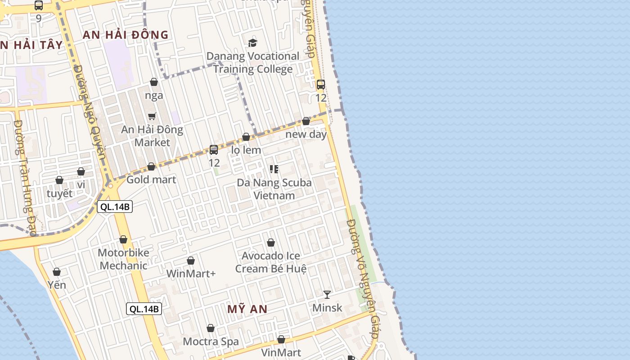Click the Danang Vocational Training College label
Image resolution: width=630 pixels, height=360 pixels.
click(x=252, y=63)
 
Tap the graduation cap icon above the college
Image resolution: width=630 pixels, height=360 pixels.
click(x=252, y=43)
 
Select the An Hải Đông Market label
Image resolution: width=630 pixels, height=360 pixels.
click(x=152, y=136)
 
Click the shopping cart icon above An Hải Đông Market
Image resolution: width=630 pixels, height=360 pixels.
click(x=152, y=116)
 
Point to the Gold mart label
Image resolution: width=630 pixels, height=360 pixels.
click(x=151, y=180)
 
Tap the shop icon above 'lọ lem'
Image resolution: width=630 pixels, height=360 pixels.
click(x=246, y=137)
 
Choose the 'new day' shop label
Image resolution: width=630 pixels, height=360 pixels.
click(x=306, y=134)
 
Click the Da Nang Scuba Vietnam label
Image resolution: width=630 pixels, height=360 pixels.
click(x=274, y=189)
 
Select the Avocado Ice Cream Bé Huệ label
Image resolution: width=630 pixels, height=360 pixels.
click(x=271, y=262)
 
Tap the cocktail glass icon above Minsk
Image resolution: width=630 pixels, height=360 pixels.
click(x=327, y=294)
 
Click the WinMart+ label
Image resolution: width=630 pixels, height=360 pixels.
click(x=191, y=274)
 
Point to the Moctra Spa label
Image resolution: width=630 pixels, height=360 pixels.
click(x=211, y=342)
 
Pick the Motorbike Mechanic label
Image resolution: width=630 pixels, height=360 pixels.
click(x=123, y=259)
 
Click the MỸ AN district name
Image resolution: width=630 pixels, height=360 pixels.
click(x=247, y=309)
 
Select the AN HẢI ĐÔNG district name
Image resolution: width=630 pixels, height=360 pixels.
click(x=126, y=35)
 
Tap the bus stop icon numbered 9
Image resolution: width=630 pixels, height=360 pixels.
click(x=39, y=5)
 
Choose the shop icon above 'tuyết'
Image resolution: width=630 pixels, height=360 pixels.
click(x=59, y=180)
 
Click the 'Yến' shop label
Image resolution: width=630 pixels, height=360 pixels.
click(x=57, y=285)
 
